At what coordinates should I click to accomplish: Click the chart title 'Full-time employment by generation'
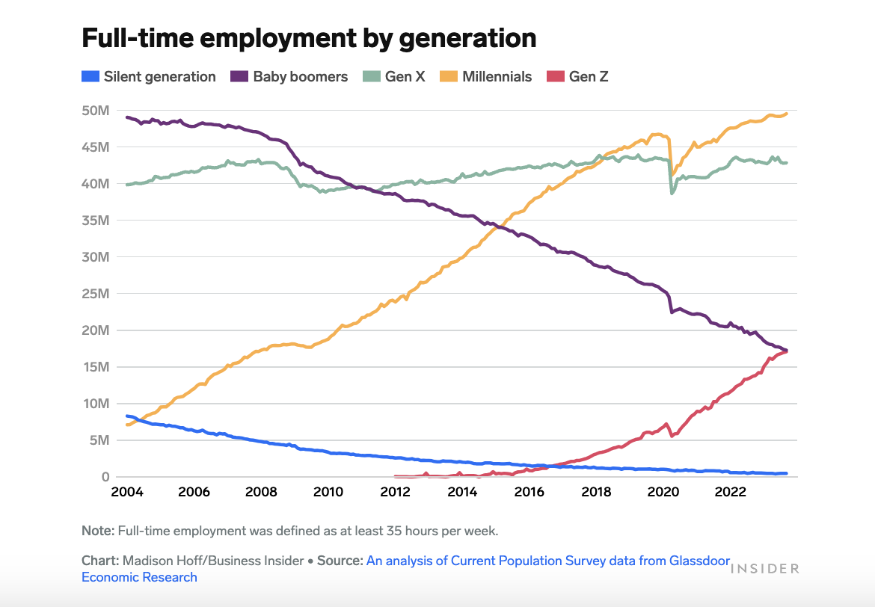point(308,38)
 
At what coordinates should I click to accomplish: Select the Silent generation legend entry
point(148,76)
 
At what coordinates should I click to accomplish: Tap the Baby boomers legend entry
point(289,76)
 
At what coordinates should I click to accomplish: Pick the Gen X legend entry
point(394,76)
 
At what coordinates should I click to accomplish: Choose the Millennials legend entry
point(486,76)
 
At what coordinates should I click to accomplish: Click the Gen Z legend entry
point(578,76)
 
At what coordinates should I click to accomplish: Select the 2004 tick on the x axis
point(126,492)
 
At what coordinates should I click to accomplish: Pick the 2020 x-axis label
point(663,492)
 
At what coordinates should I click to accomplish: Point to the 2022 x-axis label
point(731,492)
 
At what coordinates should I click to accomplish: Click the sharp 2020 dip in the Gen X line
point(672,193)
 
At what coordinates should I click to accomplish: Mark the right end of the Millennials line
point(787,114)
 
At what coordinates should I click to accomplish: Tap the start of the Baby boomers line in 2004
point(127,117)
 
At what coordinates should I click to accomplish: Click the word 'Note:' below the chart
point(97,531)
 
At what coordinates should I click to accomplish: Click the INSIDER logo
point(764,568)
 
